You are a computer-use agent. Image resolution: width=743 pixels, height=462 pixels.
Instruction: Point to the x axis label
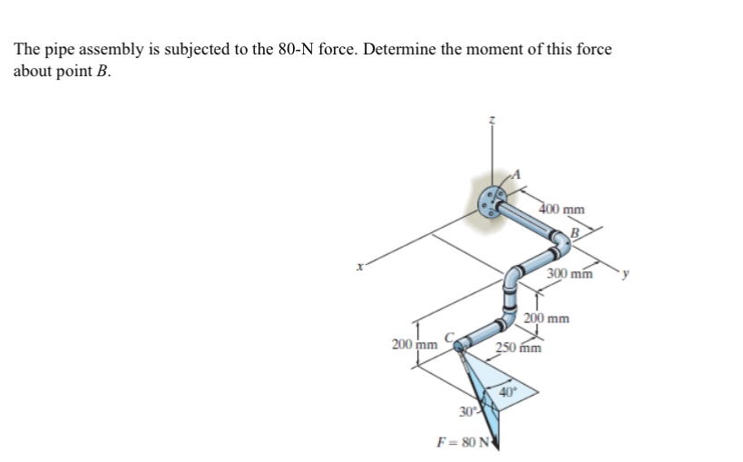(361, 266)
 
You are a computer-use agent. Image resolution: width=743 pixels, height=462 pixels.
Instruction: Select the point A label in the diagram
(520, 175)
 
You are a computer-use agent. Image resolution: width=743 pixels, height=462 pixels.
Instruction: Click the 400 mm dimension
(562, 209)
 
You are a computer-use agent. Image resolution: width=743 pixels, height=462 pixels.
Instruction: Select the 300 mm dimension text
(571, 273)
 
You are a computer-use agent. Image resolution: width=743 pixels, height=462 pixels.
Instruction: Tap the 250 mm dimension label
(518, 348)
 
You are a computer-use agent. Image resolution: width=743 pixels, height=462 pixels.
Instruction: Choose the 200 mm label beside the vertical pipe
(548, 319)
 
